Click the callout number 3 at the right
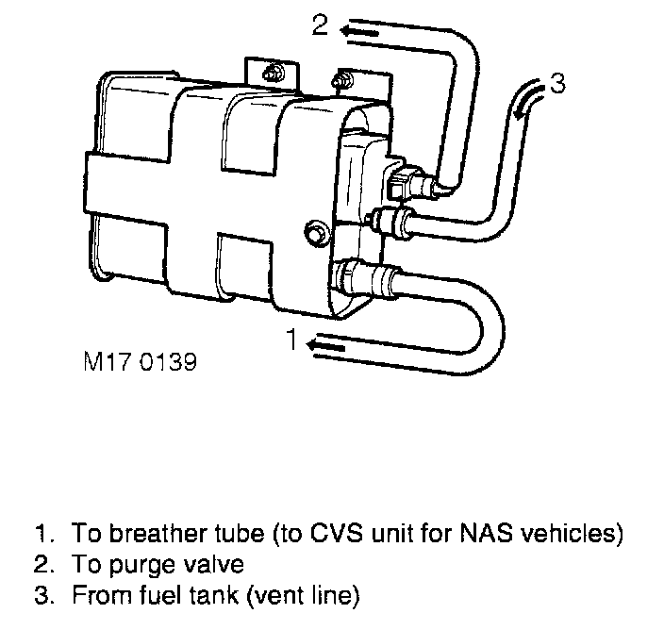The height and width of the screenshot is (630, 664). click(x=557, y=85)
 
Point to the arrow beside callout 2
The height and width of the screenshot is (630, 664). click(x=361, y=32)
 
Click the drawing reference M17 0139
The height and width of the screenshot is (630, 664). click(x=138, y=362)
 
